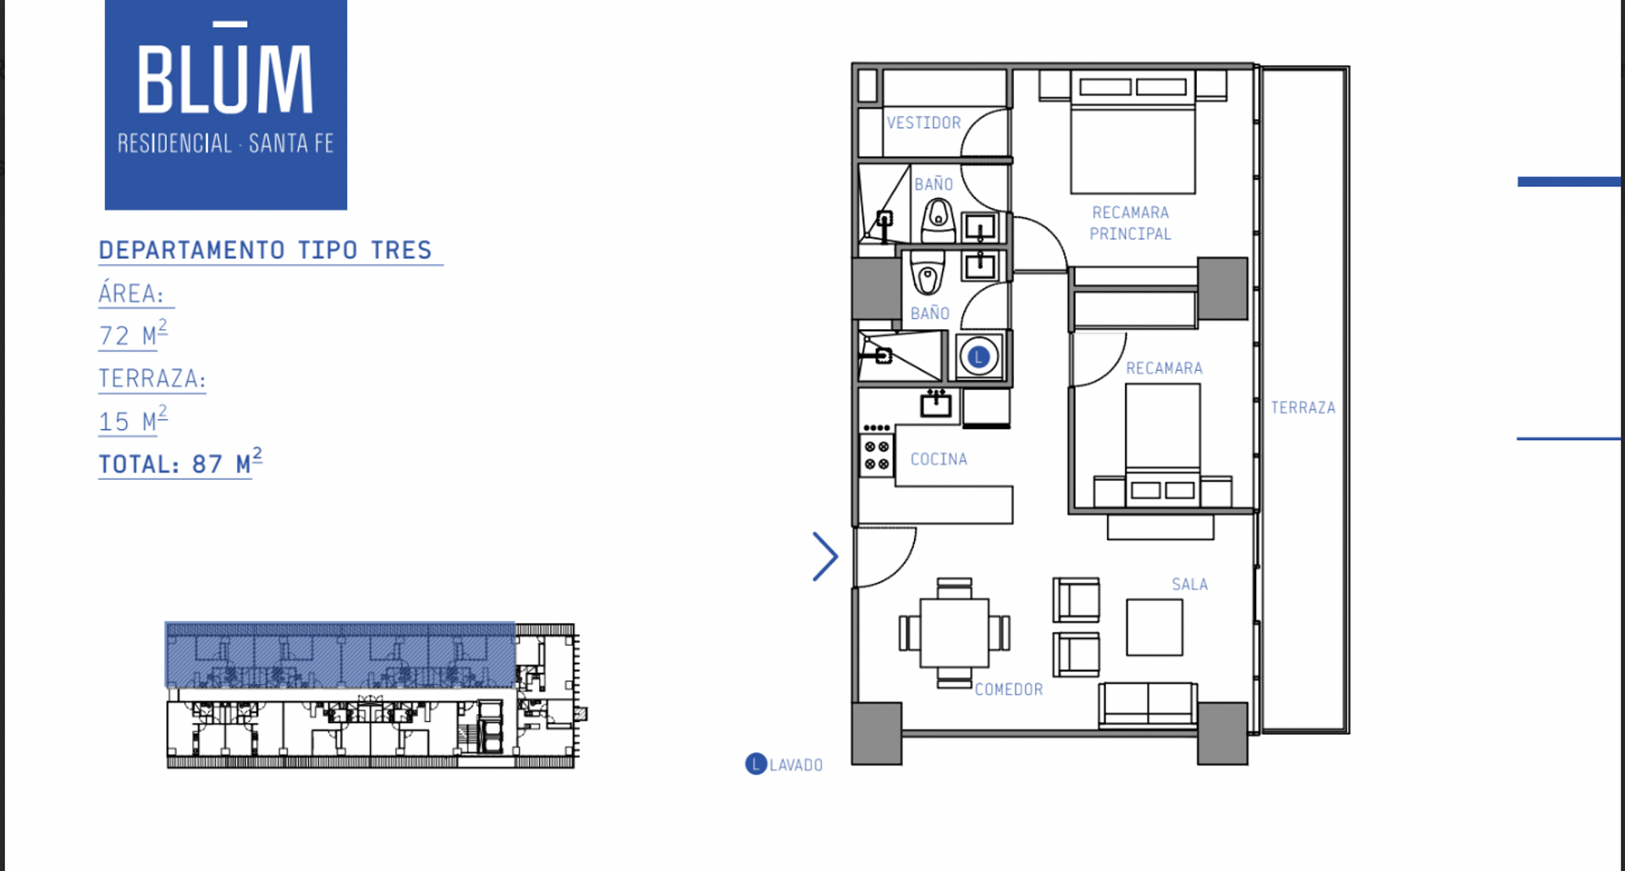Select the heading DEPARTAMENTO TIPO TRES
(x=265, y=251)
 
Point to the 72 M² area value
(x=133, y=334)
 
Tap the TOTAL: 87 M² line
(x=180, y=462)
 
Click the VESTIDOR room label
(x=923, y=123)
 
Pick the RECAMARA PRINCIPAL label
(x=1130, y=223)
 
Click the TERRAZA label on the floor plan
(x=1303, y=408)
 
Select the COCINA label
(x=939, y=459)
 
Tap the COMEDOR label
(x=1009, y=690)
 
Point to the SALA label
(x=1189, y=584)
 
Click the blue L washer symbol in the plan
(x=978, y=357)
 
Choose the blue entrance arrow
(x=824, y=556)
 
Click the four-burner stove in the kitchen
(x=877, y=455)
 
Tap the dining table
(x=954, y=633)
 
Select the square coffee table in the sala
(x=1154, y=627)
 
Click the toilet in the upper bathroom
(x=938, y=220)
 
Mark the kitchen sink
(x=936, y=404)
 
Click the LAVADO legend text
(x=796, y=765)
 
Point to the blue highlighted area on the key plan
(x=339, y=654)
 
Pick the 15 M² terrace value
(x=133, y=420)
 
